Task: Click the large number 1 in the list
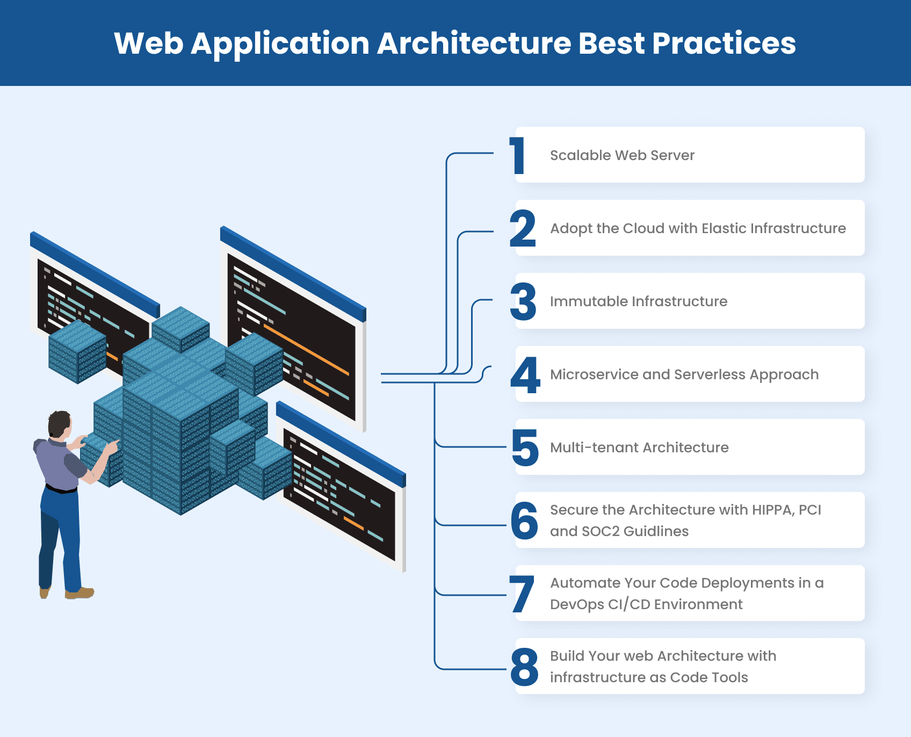pos(518,156)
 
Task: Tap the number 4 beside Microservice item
pos(525,375)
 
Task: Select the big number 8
pos(524,667)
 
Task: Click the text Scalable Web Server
pos(622,155)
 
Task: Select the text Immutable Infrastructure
pos(639,301)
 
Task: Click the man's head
pos(59,424)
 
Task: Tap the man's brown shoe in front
pos(79,593)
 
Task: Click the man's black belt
pos(61,489)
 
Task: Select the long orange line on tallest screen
pos(306,349)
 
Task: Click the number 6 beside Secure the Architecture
pos(524,521)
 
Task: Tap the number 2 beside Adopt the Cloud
pos(523,229)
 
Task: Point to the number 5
pos(525,448)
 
